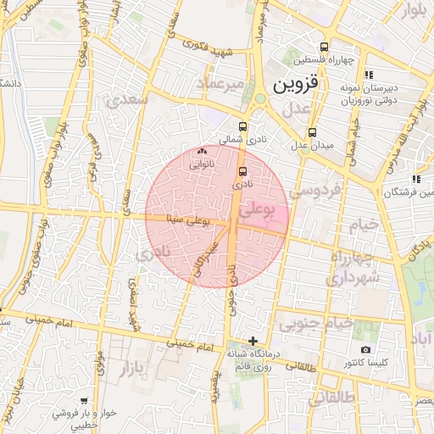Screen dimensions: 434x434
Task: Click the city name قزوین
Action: coord(292,86)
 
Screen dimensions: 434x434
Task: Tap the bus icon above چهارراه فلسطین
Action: coord(324,47)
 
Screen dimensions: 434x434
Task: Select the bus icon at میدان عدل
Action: coord(313,132)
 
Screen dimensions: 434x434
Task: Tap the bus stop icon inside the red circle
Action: coord(244,170)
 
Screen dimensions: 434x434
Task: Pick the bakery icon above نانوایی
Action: coord(201,152)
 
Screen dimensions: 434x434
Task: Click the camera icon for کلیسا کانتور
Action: coord(365,349)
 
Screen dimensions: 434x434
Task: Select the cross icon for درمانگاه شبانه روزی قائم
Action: coord(253,340)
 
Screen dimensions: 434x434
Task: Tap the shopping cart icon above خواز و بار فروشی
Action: coord(83,400)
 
